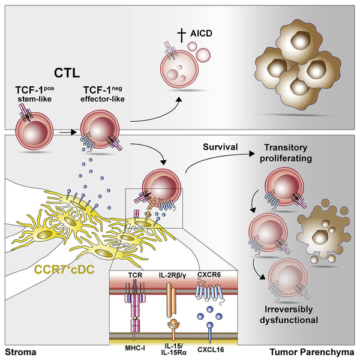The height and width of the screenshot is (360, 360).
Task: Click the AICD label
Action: [201, 33]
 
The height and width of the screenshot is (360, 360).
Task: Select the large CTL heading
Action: [67, 73]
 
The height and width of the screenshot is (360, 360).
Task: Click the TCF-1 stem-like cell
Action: [34, 131]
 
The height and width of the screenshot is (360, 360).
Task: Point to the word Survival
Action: [220, 147]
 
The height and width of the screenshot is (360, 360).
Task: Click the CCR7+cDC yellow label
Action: [64, 269]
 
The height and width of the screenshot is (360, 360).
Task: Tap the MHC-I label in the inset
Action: [135, 348]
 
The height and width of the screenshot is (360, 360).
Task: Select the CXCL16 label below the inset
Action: [211, 350]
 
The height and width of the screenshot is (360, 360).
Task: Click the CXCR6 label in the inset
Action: [209, 274]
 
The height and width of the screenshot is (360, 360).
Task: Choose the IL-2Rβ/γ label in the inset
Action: [172, 275]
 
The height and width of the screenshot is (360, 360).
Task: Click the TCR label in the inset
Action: [135, 275]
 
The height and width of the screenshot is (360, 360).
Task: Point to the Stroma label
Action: [20, 352]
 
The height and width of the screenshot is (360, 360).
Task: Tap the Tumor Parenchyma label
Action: [312, 352]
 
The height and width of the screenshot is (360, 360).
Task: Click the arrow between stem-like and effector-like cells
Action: [67, 132]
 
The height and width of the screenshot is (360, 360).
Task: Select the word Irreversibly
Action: [289, 309]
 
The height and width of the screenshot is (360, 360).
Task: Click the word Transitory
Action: [286, 148]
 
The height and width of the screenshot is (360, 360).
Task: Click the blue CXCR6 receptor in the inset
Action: [209, 293]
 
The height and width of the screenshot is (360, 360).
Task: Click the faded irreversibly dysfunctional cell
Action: [288, 278]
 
